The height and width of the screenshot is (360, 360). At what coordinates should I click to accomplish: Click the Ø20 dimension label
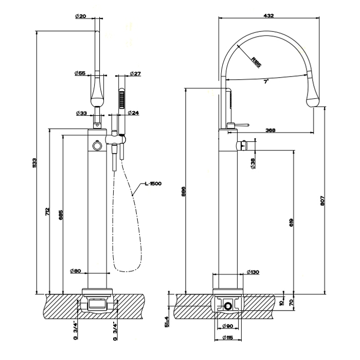[80, 16]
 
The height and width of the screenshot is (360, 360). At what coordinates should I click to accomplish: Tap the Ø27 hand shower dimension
[135, 74]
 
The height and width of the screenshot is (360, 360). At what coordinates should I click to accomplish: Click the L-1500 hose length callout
[153, 184]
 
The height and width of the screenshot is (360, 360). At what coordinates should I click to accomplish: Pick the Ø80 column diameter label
[75, 271]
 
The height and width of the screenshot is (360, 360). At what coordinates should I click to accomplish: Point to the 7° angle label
[266, 81]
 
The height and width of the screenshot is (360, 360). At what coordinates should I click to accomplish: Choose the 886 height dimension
[183, 192]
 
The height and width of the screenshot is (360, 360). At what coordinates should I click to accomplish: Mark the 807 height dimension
[323, 202]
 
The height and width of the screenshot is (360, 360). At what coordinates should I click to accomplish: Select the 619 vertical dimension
[291, 222]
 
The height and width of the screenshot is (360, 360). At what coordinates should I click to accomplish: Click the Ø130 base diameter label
[253, 271]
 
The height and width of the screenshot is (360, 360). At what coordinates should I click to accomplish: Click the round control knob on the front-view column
[96, 147]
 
